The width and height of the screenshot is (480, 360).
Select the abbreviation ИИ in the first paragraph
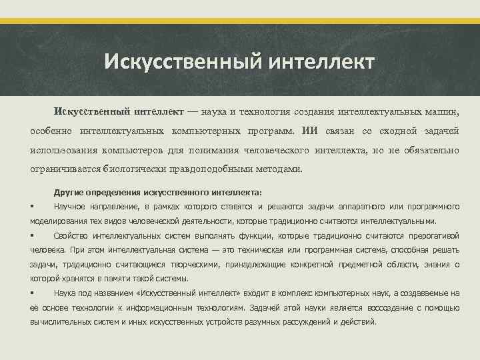click(x=311, y=131)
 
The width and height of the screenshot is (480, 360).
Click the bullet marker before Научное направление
click(x=33, y=206)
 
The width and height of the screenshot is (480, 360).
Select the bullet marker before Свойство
click(x=33, y=235)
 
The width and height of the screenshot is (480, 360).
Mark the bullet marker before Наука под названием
click(x=33, y=293)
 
